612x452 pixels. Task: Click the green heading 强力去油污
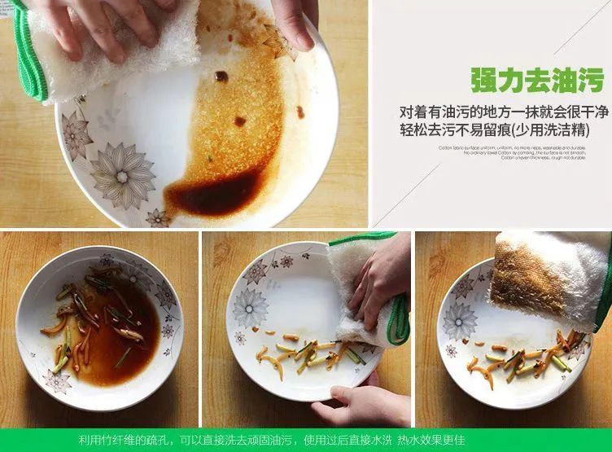(x=536, y=81)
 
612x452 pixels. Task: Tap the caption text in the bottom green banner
(x=272, y=440)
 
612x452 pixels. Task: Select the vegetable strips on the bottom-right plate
(x=529, y=358)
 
